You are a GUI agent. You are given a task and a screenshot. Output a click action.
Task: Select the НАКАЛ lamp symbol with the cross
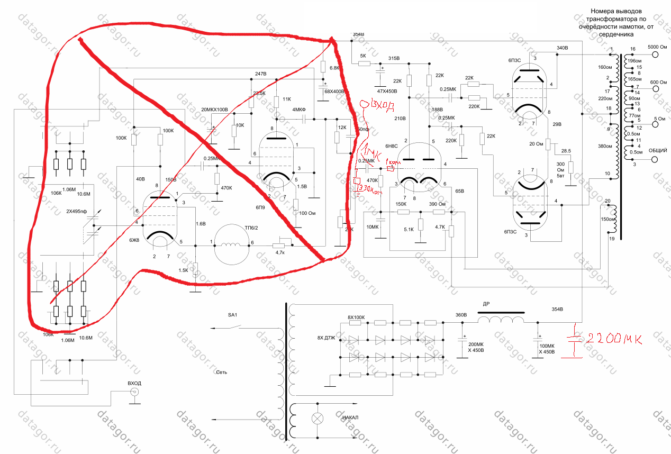(318, 418)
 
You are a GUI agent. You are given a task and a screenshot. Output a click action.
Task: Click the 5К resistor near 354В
(364, 63)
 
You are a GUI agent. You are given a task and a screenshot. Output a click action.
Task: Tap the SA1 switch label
(233, 315)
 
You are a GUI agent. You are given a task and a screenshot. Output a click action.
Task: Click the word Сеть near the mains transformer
(221, 372)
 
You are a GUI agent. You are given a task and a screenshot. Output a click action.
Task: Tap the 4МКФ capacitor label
(300, 110)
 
